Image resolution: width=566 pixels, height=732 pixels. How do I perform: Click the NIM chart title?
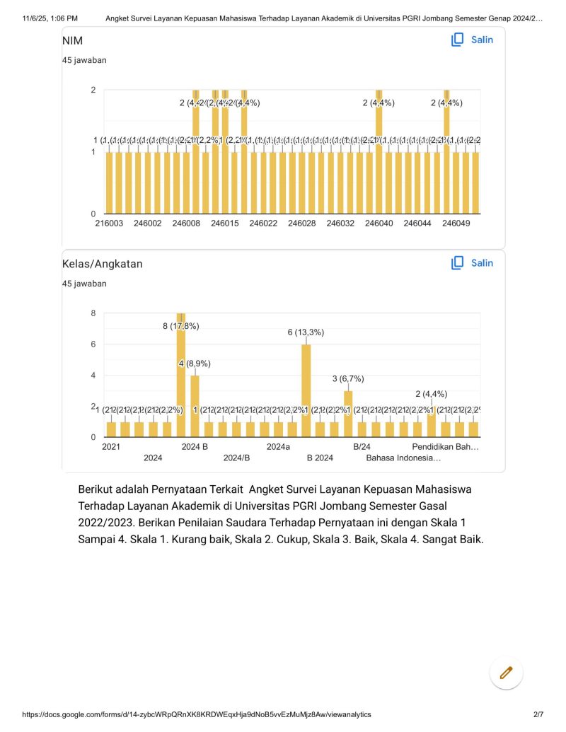point(73,41)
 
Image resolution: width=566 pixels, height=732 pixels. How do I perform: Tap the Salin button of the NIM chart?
point(473,40)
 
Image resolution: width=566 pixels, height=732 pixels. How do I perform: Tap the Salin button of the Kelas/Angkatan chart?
point(473,263)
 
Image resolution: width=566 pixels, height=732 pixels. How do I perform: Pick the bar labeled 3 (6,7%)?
point(348,414)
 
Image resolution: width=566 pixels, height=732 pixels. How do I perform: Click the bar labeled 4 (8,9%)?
point(195,406)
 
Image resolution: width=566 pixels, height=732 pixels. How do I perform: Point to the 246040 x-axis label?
point(379,223)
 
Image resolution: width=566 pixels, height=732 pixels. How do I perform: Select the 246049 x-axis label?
point(456,223)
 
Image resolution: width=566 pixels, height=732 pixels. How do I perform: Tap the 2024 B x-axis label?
point(195,447)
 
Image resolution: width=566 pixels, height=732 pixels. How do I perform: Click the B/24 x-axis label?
point(362,447)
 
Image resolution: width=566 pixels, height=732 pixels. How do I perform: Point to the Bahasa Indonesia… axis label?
point(403,458)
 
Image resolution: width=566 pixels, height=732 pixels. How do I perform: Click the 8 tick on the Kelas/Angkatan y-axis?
point(93,313)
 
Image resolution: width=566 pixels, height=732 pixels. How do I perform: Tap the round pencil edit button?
point(506,673)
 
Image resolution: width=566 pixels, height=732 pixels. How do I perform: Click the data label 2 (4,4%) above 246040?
point(379,103)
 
